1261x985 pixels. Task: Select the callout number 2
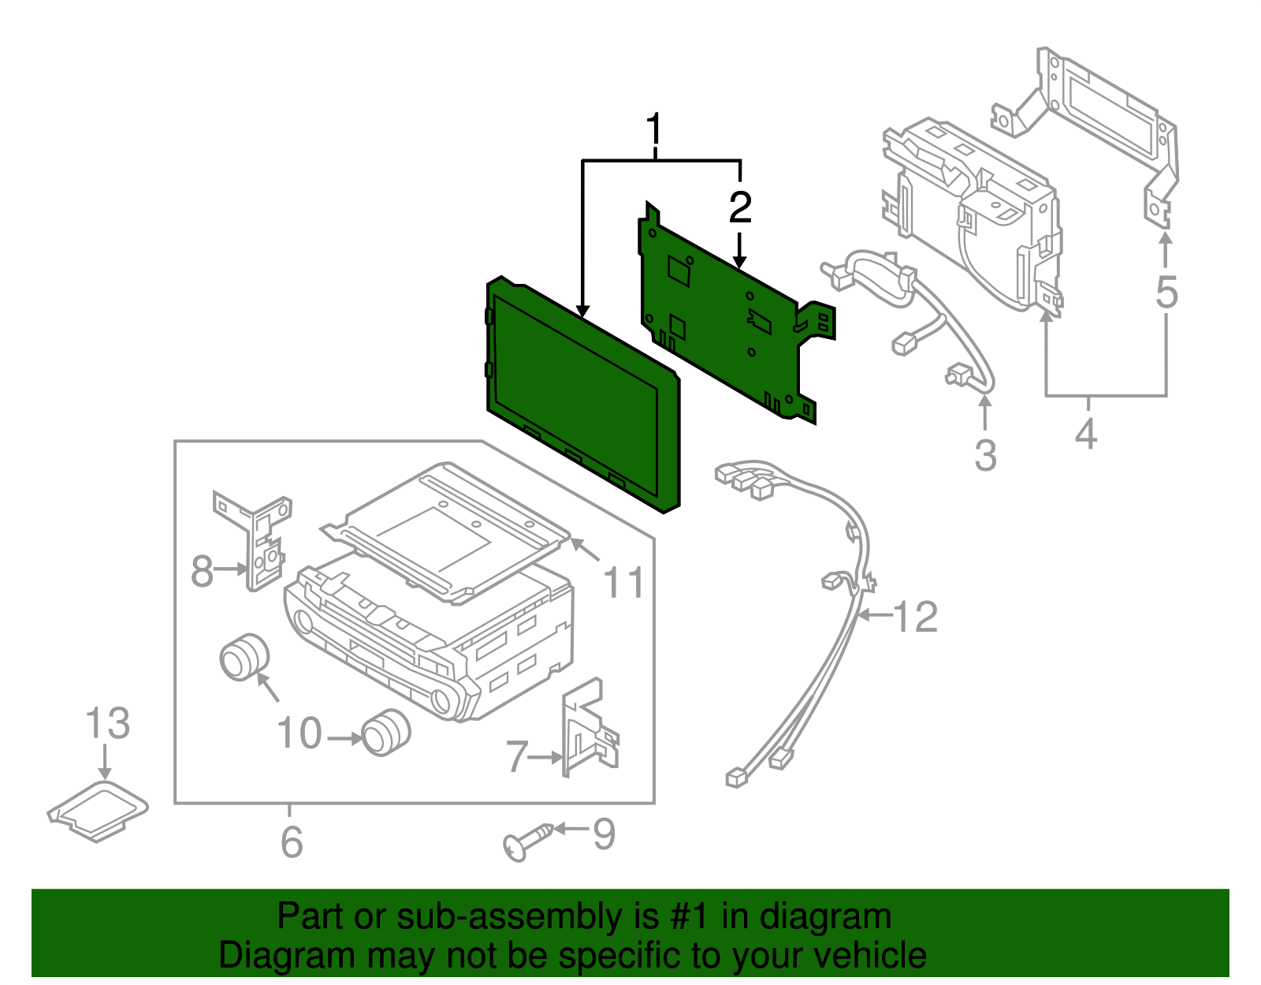click(x=739, y=207)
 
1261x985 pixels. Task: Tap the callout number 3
click(x=985, y=456)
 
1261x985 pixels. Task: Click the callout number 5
click(x=1166, y=292)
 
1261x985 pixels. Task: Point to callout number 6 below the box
click(x=292, y=841)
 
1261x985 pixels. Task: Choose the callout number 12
click(x=916, y=617)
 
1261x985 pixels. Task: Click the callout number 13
click(x=107, y=723)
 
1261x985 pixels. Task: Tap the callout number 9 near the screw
click(x=604, y=834)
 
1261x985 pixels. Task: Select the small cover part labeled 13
click(x=99, y=811)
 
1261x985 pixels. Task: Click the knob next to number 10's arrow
click(x=386, y=733)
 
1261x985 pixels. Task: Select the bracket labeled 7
click(x=587, y=729)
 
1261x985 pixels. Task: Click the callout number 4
click(x=1086, y=434)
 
